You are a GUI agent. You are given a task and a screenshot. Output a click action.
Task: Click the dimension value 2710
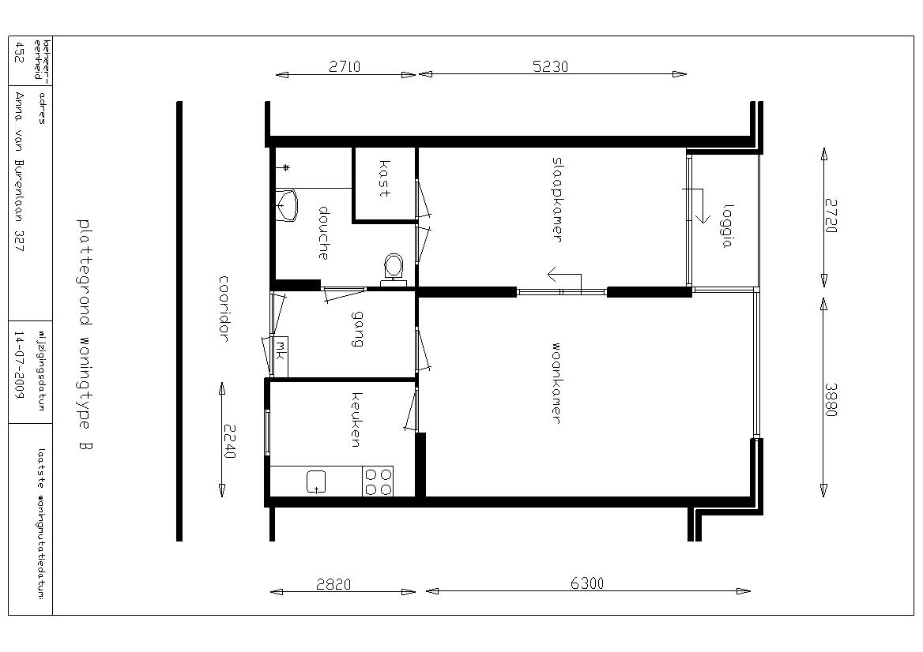coord(345,66)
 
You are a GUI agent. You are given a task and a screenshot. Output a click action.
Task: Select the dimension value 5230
coord(550,66)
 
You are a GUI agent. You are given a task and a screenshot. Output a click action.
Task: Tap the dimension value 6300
coord(587,583)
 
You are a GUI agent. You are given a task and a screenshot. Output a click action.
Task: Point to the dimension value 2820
coord(333,584)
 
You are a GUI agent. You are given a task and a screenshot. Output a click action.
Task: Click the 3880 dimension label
coord(830,399)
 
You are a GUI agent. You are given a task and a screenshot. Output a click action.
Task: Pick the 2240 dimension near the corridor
coord(229,441)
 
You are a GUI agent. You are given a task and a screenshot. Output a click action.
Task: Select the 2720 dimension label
coord(831,215)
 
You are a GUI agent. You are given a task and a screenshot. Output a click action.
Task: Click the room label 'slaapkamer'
coord(557,199)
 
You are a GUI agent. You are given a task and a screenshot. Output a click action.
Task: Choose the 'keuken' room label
coord(356,420)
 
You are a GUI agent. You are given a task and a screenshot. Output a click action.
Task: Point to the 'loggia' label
coord(728,227)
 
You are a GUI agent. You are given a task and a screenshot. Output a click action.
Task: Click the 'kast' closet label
coord(384,178)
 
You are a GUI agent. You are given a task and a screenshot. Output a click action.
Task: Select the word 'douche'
coord(323,233)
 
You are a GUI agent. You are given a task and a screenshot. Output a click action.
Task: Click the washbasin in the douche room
coord(288,205)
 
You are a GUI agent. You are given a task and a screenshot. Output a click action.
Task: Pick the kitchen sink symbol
coord(316,482)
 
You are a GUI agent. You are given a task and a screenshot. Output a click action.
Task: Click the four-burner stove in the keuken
coord(379,482)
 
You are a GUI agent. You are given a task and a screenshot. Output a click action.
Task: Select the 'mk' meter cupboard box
coord(281,351)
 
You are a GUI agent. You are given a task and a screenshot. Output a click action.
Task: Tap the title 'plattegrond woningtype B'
coord(85,335)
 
